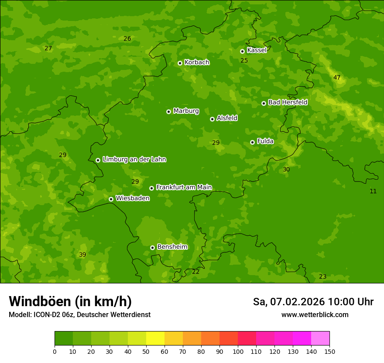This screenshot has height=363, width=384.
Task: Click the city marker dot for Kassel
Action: point(242,51)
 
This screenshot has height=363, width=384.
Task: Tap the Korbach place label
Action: point(197,63)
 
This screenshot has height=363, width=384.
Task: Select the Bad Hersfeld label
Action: point(288,102)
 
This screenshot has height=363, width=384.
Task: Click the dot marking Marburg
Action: point(168,112)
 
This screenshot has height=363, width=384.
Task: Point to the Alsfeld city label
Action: point(227,118)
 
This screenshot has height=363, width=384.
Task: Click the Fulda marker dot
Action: point(252,142)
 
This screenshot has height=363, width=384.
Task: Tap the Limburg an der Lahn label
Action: point(134,160)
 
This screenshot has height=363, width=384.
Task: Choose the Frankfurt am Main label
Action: point(184,187)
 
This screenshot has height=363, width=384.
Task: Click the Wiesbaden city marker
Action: point(111,199)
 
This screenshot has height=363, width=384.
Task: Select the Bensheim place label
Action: point(172,247)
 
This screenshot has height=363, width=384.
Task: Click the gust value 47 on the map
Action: point(337,78)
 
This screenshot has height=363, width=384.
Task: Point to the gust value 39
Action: point(82,255)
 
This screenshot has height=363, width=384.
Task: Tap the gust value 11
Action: point(373,191)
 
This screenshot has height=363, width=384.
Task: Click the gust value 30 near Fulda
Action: point(286,169)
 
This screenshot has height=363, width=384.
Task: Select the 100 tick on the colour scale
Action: point(238,351)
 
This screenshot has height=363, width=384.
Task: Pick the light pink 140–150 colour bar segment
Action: point(320,338)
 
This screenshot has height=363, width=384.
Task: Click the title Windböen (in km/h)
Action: point(70,301)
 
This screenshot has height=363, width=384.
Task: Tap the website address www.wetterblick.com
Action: point(315,315)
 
